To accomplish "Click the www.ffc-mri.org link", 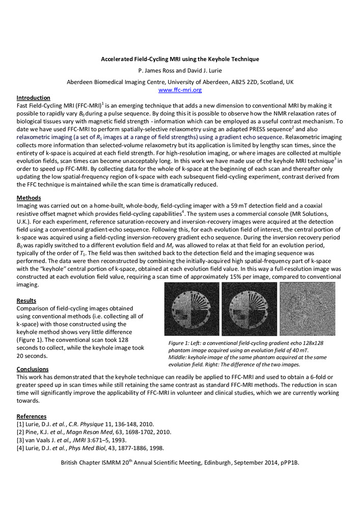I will pyautogui.click(x=180, y=90).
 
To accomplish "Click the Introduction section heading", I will pyautogui.click(x=34, y=97).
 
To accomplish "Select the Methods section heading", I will pyautogui.click(x=29, y=197).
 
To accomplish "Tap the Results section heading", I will pyautogui.click(x=26, y=301).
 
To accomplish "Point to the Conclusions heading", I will pyautogui.click(x=33, y=369).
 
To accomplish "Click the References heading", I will pyautogui.click(x=32, y=416).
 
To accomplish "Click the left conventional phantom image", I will pyautogui.click(x=191, y=309).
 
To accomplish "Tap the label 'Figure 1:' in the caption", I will pyautogui.click(x=181, y=344).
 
